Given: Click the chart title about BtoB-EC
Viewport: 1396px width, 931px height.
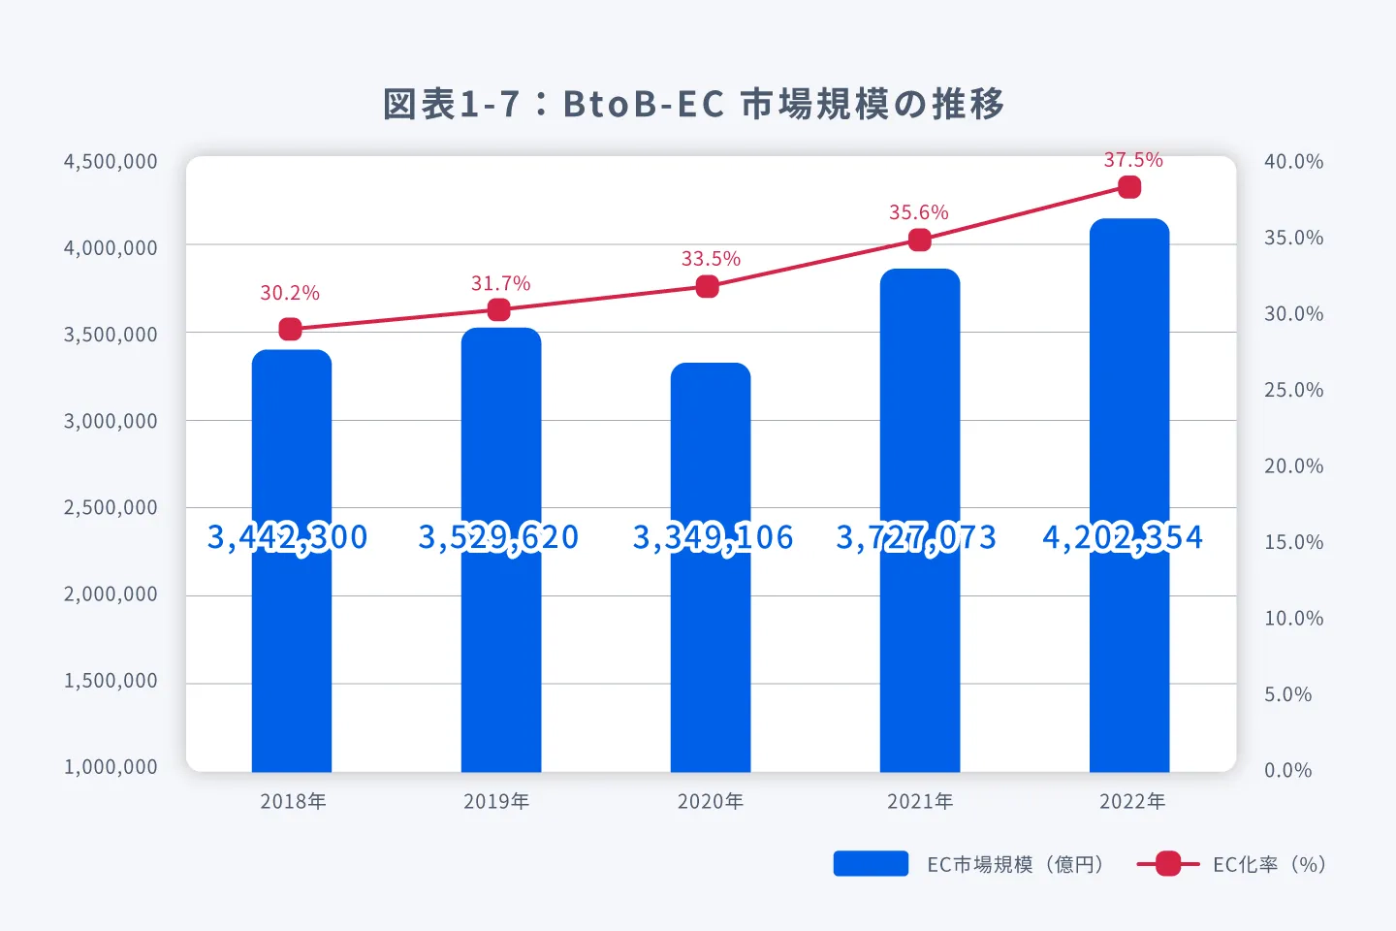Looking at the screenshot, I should (x=694, y=104).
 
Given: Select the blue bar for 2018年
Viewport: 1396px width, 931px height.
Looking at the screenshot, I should (x=292, y=630).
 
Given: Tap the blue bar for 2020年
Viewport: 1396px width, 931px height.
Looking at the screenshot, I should (x=711, y=640).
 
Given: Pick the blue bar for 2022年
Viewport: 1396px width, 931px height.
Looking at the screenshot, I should (x=1129, y=630).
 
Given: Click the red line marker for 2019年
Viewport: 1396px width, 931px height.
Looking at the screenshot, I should (x=499, y=310).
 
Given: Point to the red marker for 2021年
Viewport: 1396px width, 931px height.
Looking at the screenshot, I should (x=920, y=241).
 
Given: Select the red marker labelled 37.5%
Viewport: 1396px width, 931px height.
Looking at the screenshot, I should (x=1129, y=187).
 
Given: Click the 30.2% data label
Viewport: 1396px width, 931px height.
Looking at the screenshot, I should (x=290, y=293).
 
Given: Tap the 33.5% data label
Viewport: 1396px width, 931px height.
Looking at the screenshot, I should (x=711, y=259).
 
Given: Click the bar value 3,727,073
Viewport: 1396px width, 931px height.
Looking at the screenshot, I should (x=916, y=537).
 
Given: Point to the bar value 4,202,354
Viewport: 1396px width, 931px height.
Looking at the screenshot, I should (x=1123, y=537).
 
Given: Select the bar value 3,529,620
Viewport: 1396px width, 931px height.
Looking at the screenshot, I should (x=498, y=537).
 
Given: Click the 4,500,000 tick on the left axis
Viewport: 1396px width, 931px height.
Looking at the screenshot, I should (x=111, y=162).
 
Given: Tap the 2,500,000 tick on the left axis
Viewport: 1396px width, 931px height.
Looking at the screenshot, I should (x=111, y=507).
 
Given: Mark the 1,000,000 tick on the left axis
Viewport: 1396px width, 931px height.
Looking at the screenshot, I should (x=111, y=767).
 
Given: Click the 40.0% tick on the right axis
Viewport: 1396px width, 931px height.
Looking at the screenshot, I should (x=1293, y=162).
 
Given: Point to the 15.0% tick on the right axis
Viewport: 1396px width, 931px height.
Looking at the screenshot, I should (x=1293, y=542).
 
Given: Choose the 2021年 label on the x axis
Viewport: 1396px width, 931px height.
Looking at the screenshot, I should (x=920, y=801).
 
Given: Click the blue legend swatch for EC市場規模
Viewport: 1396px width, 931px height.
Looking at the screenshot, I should (x=871, y=864).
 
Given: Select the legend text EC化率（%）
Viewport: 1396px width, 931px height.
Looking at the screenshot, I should (x=1268, y=864).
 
